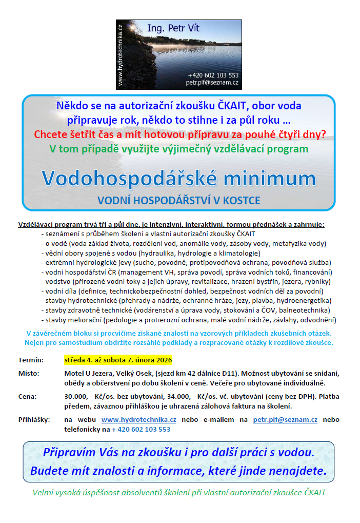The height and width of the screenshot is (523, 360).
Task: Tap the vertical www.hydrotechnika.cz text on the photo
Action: (120, 54)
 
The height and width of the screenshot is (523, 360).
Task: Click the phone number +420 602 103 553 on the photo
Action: (213, 75)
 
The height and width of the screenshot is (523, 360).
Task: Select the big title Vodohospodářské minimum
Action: (178, 178)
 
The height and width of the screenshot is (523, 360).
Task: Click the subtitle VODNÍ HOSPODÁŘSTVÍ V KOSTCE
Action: (178, 200)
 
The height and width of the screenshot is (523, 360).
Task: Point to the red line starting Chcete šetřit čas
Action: (179, 135)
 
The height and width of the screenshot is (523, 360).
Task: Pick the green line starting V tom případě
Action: (178, 149)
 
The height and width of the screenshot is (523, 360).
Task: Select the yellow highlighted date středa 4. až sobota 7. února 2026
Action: (118, 360)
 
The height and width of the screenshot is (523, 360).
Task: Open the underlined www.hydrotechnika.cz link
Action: (139, 420)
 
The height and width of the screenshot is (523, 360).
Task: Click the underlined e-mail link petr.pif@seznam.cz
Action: (285, 420)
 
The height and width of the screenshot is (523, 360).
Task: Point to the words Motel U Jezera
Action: (90, 373)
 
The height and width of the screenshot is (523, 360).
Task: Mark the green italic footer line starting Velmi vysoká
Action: (179, 493)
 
